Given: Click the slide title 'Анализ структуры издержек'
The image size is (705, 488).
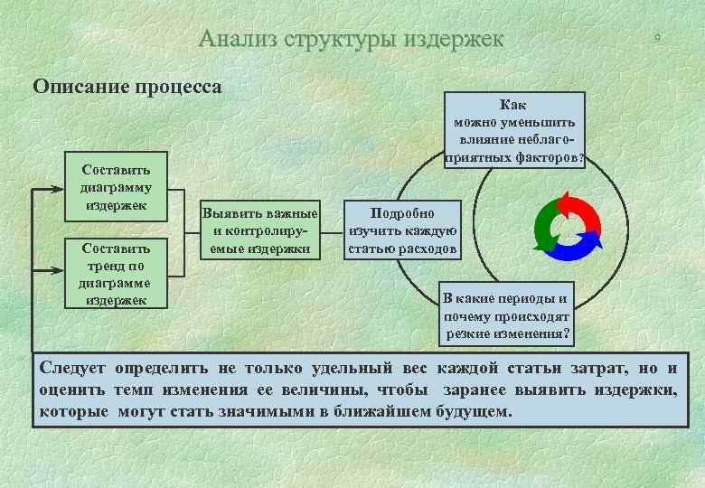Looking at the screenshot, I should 351,39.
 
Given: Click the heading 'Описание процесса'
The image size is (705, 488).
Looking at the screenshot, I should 127,87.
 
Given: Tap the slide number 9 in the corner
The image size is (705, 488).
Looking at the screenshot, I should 658,37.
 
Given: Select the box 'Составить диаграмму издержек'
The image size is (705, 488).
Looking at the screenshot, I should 116,186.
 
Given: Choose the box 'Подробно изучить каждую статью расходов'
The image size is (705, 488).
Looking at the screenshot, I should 402,230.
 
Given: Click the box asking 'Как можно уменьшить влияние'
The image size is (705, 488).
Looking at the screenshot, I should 513,131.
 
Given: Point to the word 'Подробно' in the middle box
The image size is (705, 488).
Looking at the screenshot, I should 402,213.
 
